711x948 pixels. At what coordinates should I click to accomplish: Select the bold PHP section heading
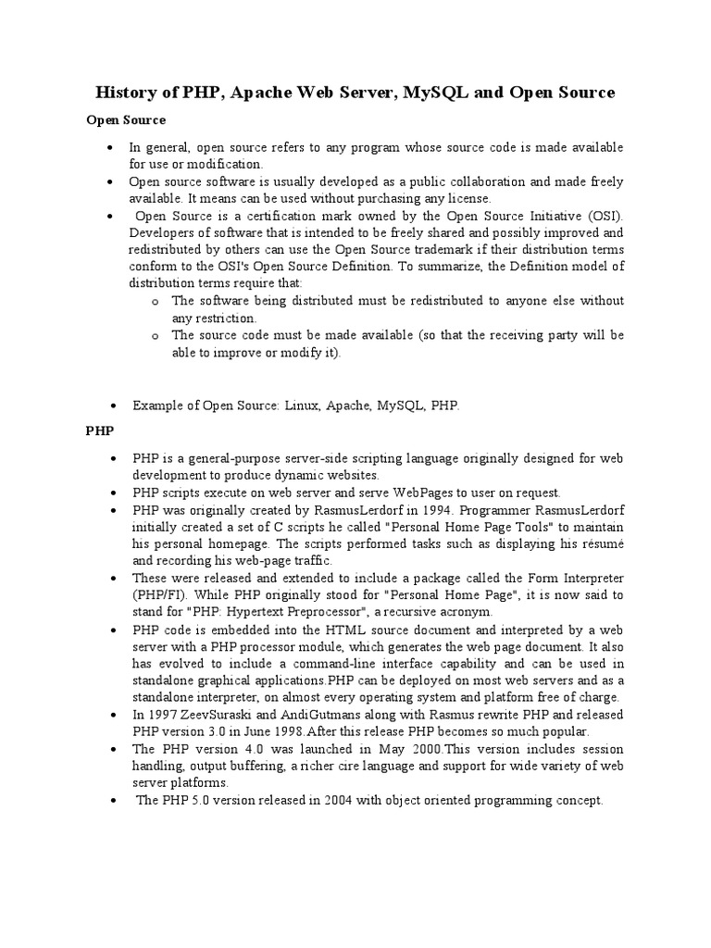pos(99,431)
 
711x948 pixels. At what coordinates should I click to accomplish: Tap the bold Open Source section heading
pos(126,119)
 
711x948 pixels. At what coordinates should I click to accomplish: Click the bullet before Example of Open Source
pos(112,406)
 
